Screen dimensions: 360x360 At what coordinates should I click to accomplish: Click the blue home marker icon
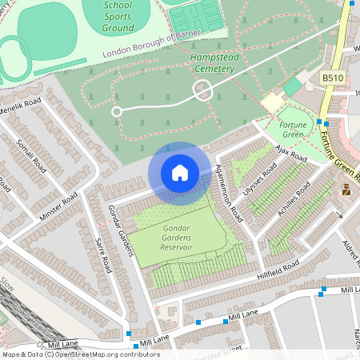pyautogui.click(x=180, y=173)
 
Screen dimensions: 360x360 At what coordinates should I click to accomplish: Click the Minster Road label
pyautogui.click(x=59, y=206)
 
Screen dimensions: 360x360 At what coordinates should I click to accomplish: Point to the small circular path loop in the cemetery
pyautogui.click(x=117, y=111)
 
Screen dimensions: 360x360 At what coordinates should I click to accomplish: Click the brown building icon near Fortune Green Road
pyautogui.click(x=346, y=190)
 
